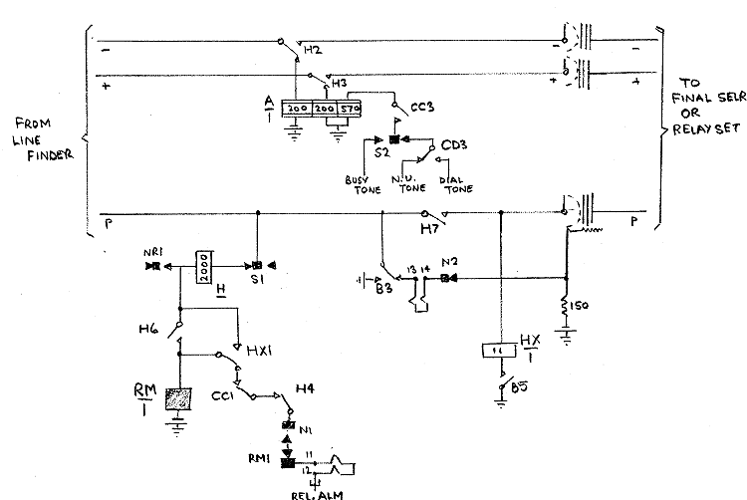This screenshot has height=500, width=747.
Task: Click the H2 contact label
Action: tap(313, 49)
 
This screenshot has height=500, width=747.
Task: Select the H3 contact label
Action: tap(340, 83)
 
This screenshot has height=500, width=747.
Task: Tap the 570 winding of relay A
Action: tap(350, 108)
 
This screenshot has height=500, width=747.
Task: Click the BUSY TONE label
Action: tap(358, 184)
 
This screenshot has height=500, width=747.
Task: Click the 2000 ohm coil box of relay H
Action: tap(203, 267)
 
